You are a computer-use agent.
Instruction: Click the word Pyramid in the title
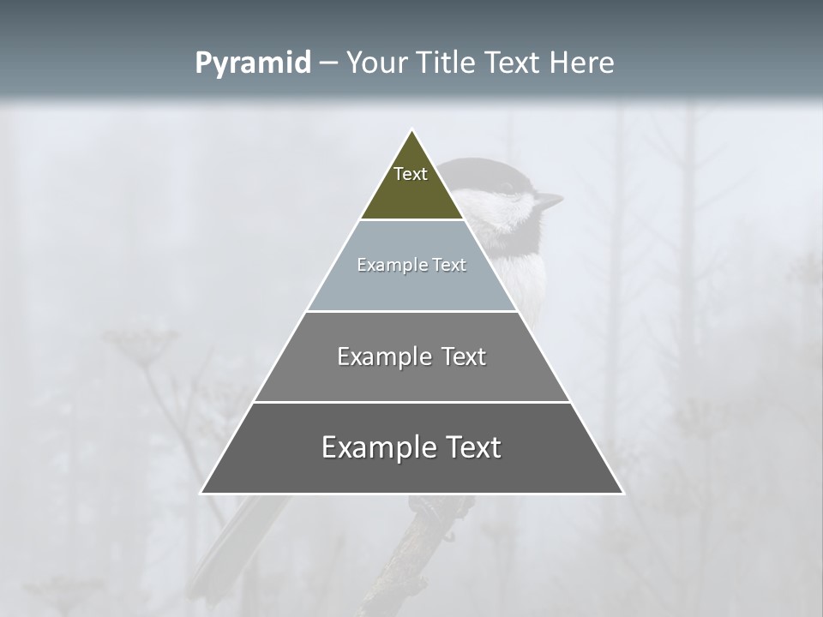click(252, 63)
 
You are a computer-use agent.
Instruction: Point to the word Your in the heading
click(375, 63)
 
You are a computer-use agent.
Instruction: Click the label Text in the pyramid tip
click(411, 174)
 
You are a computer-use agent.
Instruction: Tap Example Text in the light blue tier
click(411, 265)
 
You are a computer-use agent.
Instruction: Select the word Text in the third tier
click(459, 356)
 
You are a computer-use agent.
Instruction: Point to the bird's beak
click(549, 201)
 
